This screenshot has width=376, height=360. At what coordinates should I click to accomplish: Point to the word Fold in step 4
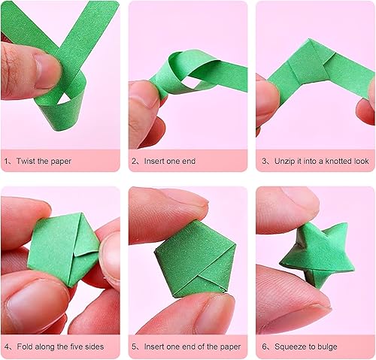(25, 346)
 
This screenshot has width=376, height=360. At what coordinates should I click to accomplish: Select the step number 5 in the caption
(135, 346)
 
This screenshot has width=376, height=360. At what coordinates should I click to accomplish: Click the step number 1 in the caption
(6, 161)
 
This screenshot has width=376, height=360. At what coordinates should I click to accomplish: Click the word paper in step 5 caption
(230, 347)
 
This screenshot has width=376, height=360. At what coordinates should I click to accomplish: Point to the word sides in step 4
(94, 346)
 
